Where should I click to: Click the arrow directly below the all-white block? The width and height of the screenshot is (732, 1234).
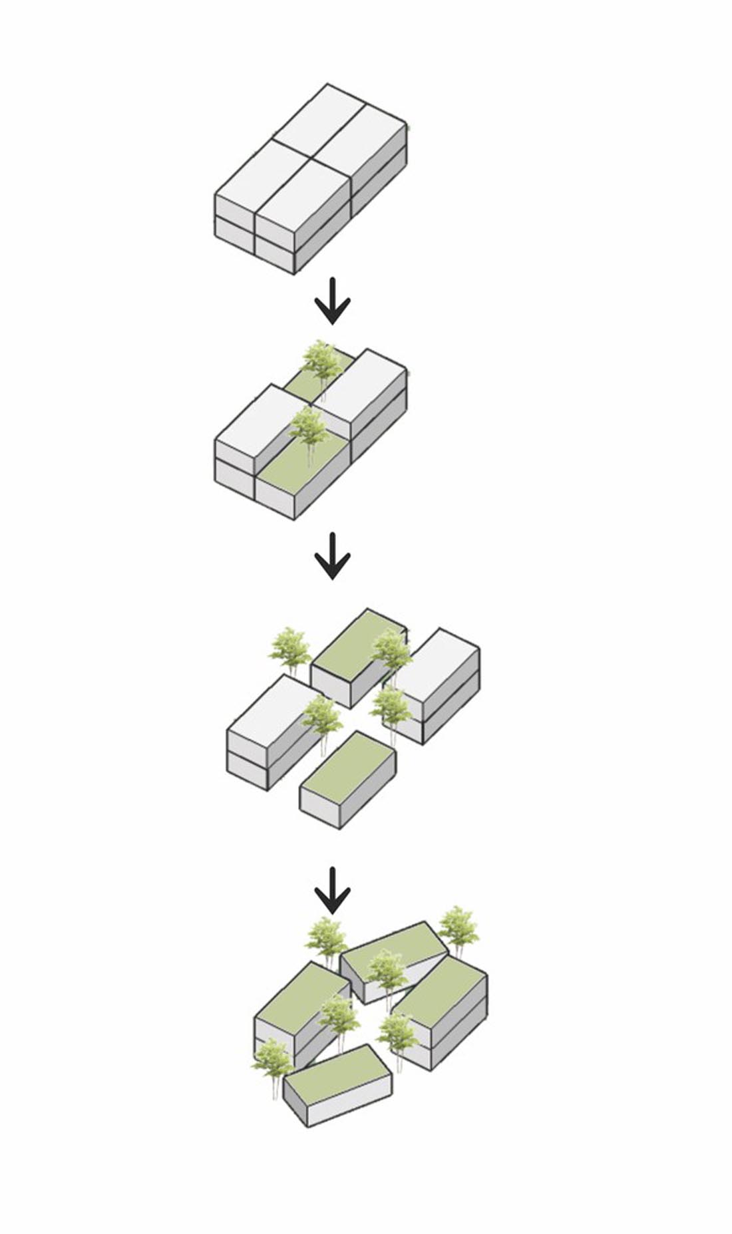[332, 306]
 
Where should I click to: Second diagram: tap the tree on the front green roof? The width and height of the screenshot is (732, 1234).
[308, 429]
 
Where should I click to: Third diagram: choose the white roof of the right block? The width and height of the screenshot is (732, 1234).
[440, 659]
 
